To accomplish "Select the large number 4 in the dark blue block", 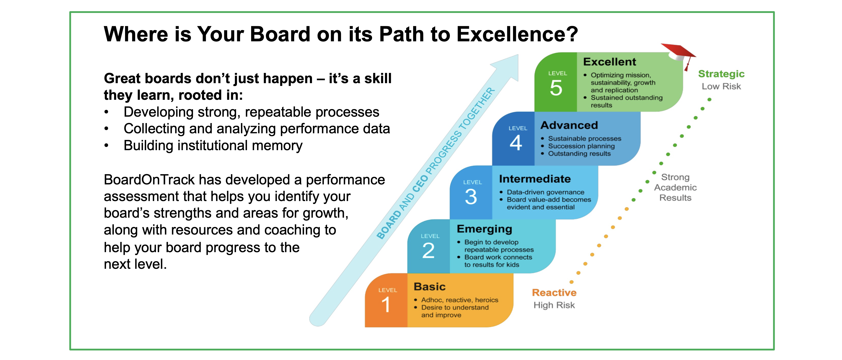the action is (516, 143).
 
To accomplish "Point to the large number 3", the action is (471, 197).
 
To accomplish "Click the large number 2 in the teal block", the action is (428, 251).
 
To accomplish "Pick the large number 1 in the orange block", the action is (386, 304).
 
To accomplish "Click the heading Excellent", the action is (610, 62).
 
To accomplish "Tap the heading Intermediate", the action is (535, 179).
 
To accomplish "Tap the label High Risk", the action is (554, 305).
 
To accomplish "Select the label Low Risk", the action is (721, 87).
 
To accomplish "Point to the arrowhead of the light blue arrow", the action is (518, 55).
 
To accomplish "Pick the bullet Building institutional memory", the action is (213, 146).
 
